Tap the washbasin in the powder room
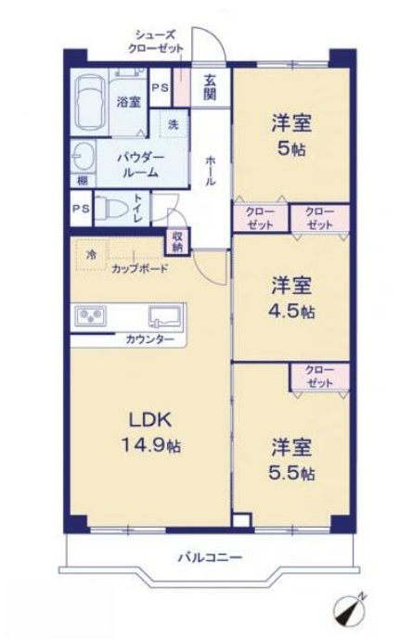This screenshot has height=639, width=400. (x=83, y=157)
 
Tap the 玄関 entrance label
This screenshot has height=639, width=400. (x=210, y=87)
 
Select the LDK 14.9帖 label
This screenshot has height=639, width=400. (x=150, y=432)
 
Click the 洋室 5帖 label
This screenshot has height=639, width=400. (x=291, y=136)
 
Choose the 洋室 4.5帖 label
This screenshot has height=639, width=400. (x=291, y=299)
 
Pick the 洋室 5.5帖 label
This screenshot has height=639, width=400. (x=291, y=460)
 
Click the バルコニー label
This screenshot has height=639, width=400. (x=210, y=556)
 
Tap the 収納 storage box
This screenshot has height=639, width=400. (x=177, y=242)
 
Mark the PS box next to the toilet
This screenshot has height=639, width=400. (x=81, y=209)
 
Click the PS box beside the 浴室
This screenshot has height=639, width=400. (x=161, y=88)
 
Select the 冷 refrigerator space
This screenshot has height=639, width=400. (x=92, y=256)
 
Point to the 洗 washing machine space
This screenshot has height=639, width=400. (x=174, y=124)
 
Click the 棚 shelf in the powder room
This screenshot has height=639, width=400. (x=83, y=180)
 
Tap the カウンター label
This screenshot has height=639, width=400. (x=149, y=339)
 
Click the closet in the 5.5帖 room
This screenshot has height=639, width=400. (x=319, y=377)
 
